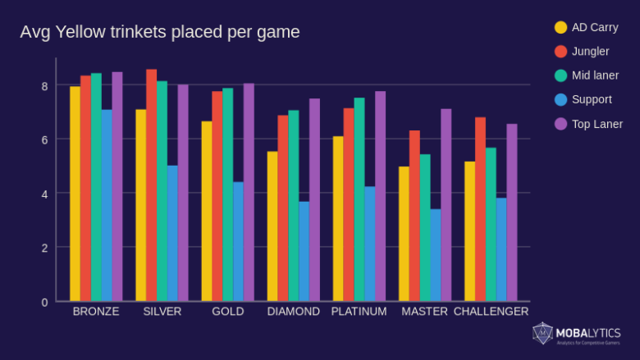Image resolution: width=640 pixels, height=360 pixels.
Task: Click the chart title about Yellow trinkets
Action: click(x=160, y=32)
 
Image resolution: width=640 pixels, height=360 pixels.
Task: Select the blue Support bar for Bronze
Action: click(x=107, y=205)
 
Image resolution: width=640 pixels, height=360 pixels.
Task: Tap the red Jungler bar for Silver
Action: click(x=151, y=185)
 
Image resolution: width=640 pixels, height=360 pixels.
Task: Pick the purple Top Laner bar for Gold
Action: click(x=249, y=192)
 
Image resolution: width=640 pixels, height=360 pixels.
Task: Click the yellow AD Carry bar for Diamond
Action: click(x=272, y=226)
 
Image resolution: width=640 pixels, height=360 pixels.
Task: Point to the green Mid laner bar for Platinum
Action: click(x=359, y=199)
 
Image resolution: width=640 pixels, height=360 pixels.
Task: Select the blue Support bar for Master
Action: click(x=436, y=255)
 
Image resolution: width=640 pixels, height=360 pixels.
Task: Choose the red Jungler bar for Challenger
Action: click(x=480, y=209)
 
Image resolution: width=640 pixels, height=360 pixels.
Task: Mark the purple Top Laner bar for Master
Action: click(x=446, y=205)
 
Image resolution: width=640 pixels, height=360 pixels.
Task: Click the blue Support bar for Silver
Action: click(x=172, y=233)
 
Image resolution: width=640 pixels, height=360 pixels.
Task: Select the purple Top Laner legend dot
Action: click(x=561, y=124)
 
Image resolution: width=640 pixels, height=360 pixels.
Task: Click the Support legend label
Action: click(x=592, y=99)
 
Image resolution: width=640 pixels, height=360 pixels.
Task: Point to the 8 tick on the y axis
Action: click(x=44, y=86)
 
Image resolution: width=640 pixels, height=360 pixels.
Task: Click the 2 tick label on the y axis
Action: click(x=44, y=248)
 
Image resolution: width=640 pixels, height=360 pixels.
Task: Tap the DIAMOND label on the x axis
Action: click(x=293, y=312)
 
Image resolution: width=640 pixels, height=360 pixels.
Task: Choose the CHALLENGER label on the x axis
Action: click(x=491, y=312)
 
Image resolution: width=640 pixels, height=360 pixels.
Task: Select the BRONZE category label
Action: click(x=96, y=312)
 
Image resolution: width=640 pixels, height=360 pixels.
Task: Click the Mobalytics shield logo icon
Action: click(x=542, y=333)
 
